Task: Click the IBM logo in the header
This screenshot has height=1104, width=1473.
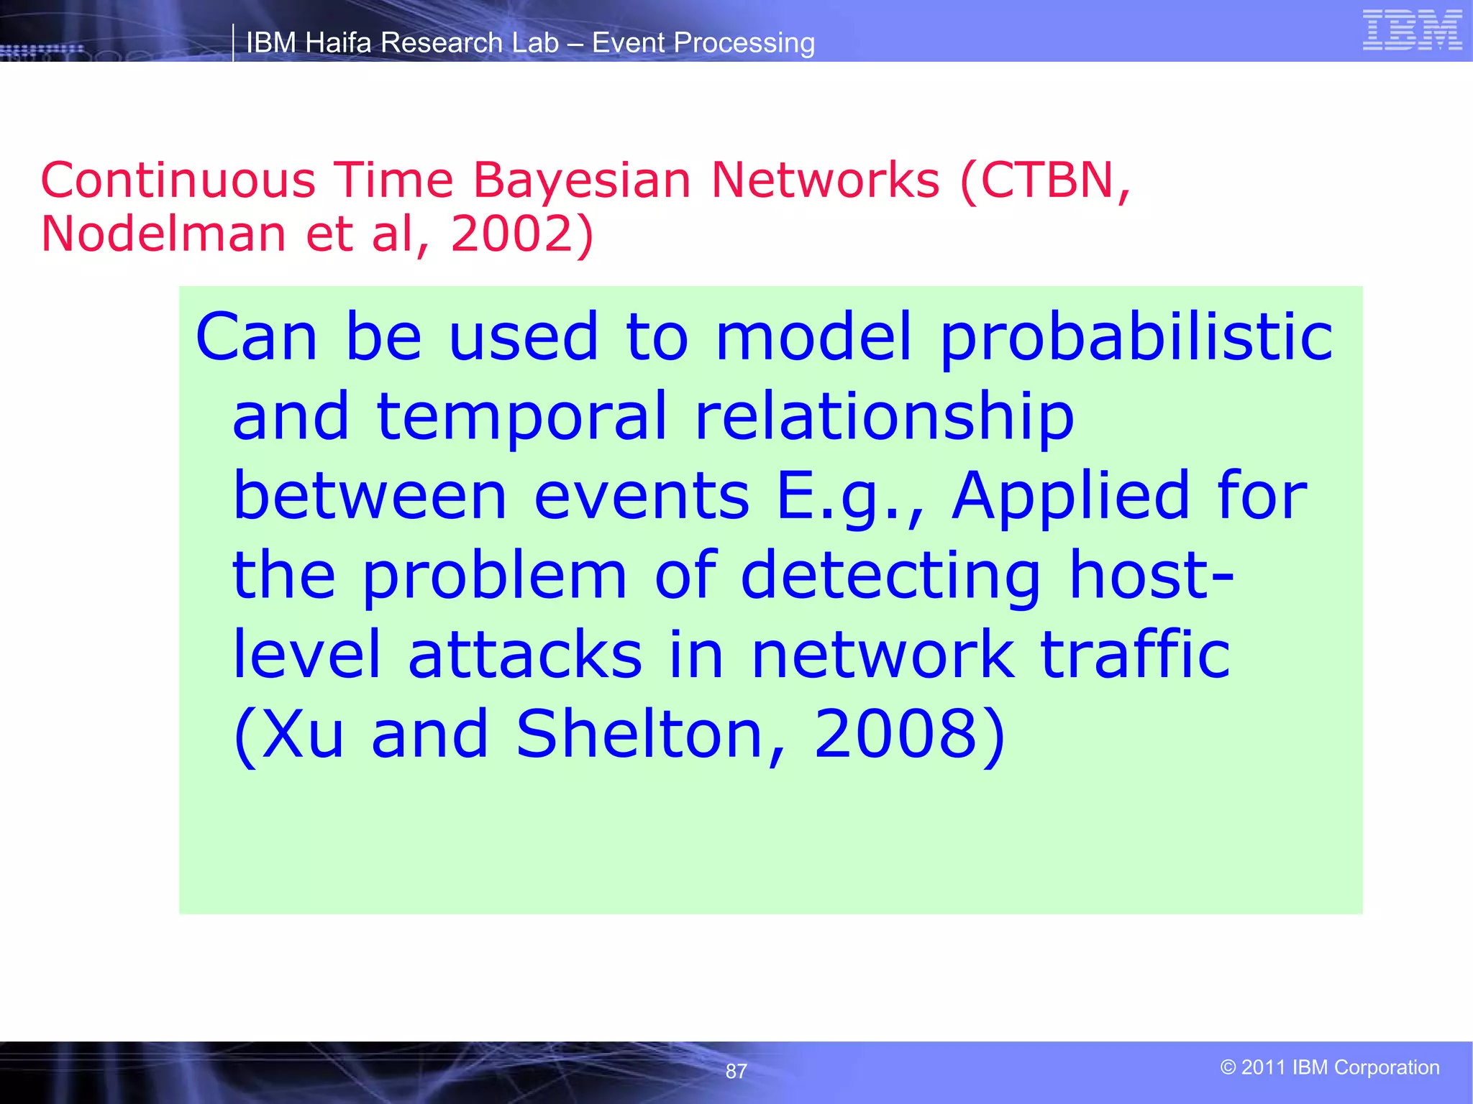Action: (x=1412, y=30)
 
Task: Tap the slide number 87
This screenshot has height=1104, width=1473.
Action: (x=736, y=1071)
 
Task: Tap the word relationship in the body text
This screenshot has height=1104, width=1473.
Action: (x=884, y=417)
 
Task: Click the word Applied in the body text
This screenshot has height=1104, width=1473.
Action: (x=1071, y=496)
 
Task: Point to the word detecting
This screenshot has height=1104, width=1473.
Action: (x=890, y=575)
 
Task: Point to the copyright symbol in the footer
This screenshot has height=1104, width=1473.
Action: (x=1228, y=1067)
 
